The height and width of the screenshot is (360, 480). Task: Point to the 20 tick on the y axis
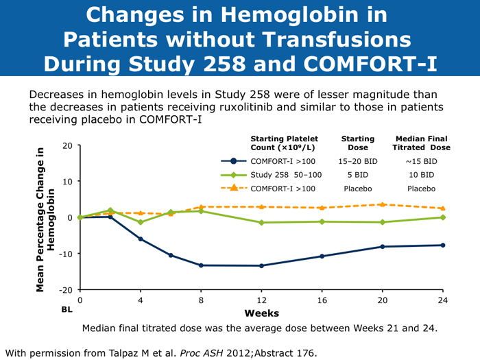point(66,146)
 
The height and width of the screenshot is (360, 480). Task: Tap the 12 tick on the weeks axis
point(261,300)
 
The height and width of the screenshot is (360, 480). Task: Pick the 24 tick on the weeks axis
point(442,300)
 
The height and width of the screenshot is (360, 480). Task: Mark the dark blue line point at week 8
point(201,265)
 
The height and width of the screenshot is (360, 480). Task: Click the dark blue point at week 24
point(442,245)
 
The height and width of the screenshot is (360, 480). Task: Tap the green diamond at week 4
point(141,222)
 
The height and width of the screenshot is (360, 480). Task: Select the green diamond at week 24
point(442,217)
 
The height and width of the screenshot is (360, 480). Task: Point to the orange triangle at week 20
point(382,204)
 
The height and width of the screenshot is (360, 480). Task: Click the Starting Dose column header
point(357,143)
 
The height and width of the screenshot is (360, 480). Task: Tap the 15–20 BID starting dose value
point(357,161)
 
